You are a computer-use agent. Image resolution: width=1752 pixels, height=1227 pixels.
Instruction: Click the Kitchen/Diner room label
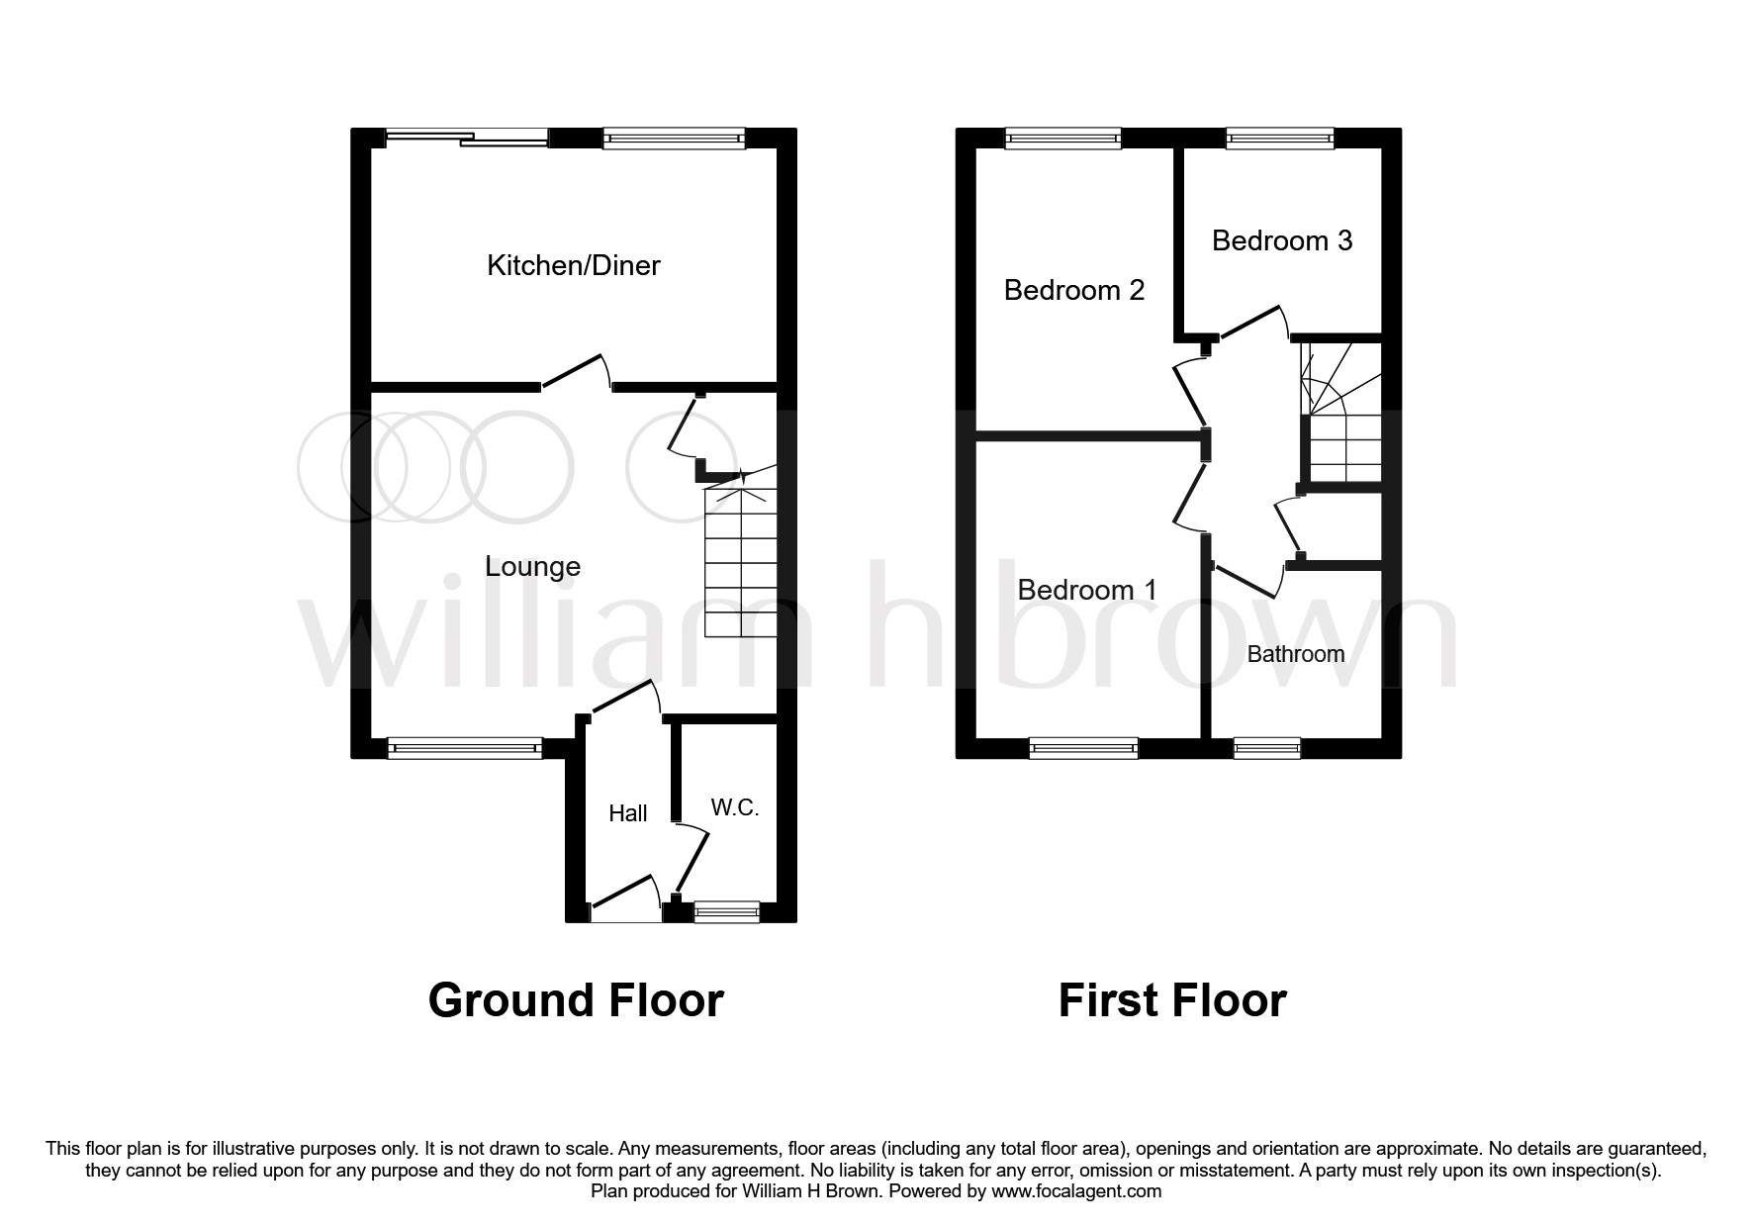click(x=573, y=265)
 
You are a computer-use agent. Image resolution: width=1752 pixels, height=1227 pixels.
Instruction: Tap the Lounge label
click(x=532, y=566)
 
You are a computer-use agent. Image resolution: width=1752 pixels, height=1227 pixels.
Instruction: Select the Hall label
click(x=627, y=813)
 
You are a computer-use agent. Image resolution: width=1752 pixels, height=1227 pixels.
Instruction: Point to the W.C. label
click(x=734, y=807)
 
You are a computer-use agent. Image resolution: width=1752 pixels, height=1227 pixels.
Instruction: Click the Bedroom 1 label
click(x=1086, y=590)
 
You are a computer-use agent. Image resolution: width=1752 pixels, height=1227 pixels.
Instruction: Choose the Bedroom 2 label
click(x=1073, y=290)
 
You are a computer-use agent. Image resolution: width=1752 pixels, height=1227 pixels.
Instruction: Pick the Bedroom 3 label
click(x=1281, y=240)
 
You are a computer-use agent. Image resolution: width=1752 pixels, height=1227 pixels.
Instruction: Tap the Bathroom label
click(x=1295, y=654)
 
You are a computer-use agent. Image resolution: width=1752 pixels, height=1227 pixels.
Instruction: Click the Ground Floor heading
click(x=576, y=1000)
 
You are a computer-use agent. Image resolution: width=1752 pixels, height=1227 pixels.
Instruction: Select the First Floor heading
click(x=1171, y=1000)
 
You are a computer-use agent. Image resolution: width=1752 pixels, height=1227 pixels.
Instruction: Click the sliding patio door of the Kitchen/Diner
click(x=466, y=139)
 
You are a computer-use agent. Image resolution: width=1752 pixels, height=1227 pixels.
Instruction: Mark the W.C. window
click(x=726, y=912)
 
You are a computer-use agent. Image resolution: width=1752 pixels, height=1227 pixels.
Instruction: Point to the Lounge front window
click(x=465, y=748)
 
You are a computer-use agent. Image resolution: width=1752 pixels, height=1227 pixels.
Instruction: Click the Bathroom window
click(x=1267, y=748)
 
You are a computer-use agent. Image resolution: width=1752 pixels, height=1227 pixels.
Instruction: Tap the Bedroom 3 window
click(x=1279, y=139)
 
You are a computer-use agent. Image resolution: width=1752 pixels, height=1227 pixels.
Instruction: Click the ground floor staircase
click(x=740, y=564)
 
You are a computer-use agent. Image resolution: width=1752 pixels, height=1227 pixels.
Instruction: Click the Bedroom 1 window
click(x=1083, y=748)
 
